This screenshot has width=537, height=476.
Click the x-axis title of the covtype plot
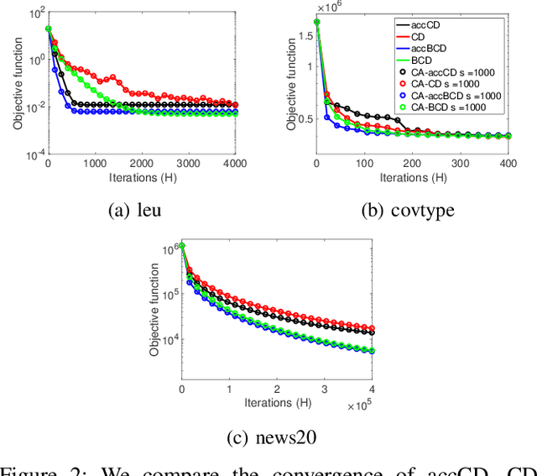[x=413, y=179]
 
